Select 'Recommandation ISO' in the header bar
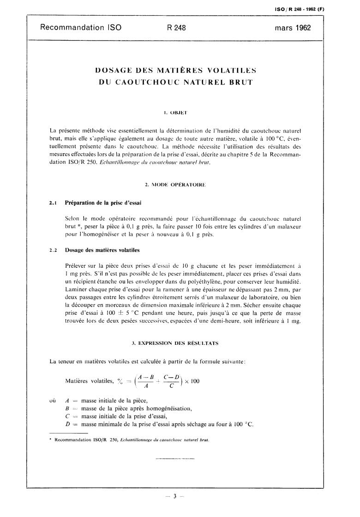pos(81,28)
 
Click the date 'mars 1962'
pos(293,28)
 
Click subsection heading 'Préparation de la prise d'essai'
pos(103,202)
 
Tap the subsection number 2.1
pos(53,202)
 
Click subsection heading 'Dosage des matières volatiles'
pos(102,250)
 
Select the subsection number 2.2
pos(53,250)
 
